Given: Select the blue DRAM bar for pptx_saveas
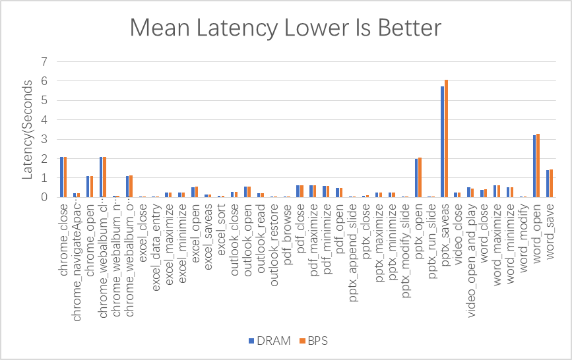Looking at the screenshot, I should (443, 142).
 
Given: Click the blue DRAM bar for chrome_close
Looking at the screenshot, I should (61, 177).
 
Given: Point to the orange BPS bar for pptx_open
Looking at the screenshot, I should (420, 177).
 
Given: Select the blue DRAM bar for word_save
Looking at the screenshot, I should (548, 183).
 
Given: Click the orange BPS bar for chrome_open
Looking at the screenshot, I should (92, 187).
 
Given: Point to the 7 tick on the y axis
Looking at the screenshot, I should (44, 62).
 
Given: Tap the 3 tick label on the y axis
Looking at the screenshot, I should (44, 139).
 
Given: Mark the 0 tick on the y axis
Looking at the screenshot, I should (44, 197).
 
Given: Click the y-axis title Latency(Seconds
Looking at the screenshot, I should (28, 129).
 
